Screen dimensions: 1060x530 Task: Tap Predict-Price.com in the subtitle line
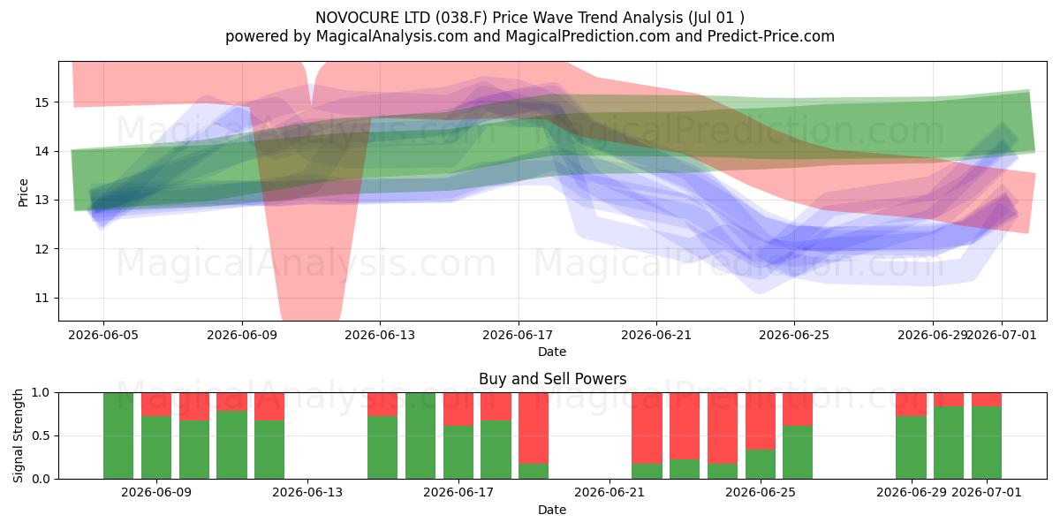coord(771,36)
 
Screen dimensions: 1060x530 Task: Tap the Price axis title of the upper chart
coord(23,193)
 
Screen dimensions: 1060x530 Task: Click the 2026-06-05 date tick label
coord(103,335)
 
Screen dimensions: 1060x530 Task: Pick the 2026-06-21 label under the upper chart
coord(655,335)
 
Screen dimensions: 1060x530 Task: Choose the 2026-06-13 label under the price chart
coord(380,335)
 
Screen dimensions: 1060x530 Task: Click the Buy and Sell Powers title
coord(552,379)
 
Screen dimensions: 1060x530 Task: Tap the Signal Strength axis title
coord(18,435)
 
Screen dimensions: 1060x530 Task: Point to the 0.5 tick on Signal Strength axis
coord(41,435)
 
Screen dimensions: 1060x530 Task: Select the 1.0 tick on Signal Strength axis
coord(41,392)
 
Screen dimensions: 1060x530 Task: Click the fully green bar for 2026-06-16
coord(420,435)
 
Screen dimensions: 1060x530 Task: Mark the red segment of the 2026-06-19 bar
coord(534,428)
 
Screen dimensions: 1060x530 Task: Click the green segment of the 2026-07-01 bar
coord(987,443)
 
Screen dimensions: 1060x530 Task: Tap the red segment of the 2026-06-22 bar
coord(647,428)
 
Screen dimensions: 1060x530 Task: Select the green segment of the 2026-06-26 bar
coord(798,452)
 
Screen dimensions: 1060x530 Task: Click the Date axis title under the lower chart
coord(552,510)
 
